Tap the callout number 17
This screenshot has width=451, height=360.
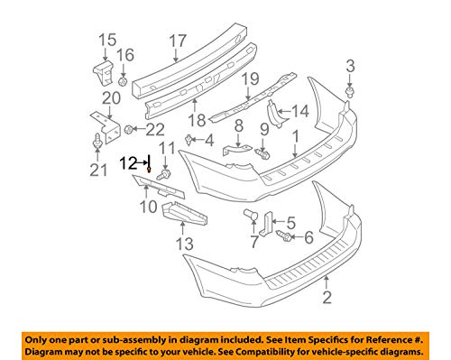177,40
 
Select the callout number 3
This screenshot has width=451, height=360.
350,64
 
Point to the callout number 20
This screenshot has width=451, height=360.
111,97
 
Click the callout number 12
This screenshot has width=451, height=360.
129,163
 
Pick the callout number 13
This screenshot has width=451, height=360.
185,243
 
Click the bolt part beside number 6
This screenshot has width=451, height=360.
285,237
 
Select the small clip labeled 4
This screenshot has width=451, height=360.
189,139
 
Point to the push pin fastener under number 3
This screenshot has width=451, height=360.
350,90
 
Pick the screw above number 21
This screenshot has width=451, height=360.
96,140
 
